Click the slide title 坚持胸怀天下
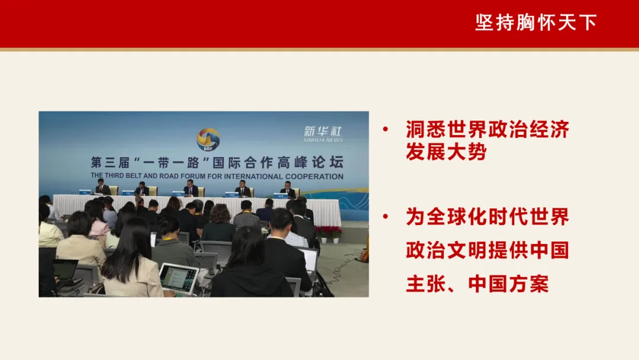tap(536, 22)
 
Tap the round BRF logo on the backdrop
tap(208, 139)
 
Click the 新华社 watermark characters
tap(323, 131)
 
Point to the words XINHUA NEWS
tap(323, 140)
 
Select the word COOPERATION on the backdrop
tap(314, 176)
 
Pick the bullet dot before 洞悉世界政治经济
tap(386, 130)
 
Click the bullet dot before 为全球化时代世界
tap(386, 217)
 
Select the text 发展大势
tap(446, 152)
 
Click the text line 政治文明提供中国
tap(488, 250)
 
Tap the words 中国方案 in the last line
tap(509, 284)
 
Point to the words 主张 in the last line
tap(426, 284)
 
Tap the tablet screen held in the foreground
tap(179, 279)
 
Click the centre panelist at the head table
tap(191, 188)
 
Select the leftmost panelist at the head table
tap(102, 187)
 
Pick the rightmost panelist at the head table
tap(288, 189)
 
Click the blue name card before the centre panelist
tap(178, 194)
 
